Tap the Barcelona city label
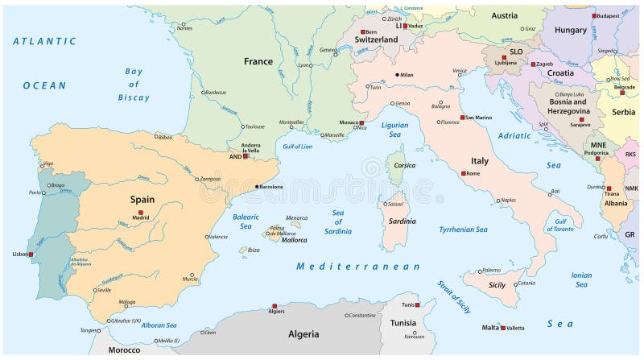271,187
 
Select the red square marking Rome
464,173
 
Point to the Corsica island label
404,165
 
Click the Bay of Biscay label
134,84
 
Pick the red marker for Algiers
275,306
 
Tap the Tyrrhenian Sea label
463,230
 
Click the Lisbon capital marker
32,254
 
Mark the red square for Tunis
417,305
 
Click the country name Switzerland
376,39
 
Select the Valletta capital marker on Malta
503,328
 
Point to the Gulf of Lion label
298,146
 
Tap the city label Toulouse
255,126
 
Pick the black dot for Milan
396,75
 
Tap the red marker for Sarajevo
581,119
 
